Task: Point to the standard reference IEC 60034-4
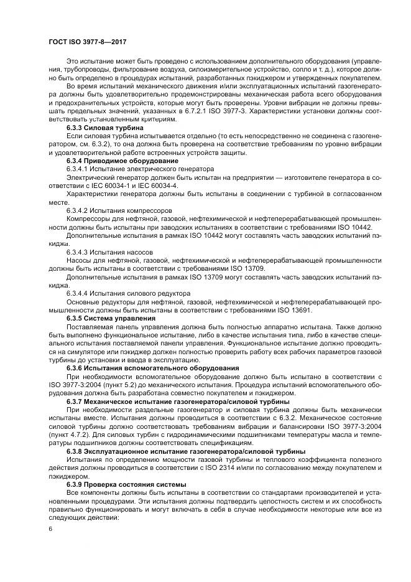click(157, 185)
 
